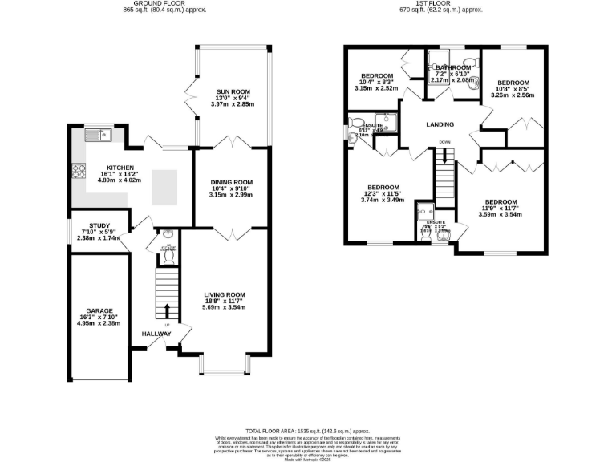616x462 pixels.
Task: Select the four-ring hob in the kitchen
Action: tap(79, 170)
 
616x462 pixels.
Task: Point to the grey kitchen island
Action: tap(164, 187)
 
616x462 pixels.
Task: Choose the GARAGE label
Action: tap(99, 310)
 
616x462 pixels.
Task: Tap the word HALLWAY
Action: tap(156, 334)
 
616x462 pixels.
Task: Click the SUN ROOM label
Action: tap(231, 91)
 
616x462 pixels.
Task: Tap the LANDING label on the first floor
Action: tap(440, 124)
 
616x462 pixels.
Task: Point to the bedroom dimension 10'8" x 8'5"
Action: tap(513, 89)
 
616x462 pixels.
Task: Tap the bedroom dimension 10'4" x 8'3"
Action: tap(377, 83)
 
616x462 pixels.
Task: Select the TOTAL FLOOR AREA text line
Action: tap(307, 431)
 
